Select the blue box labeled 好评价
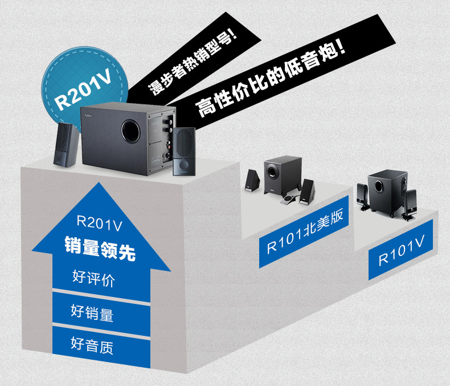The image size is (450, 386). (x=95, y=278)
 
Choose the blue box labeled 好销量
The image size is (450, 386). (x=93, y=312)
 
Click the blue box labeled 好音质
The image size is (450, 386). (x=93, y=344)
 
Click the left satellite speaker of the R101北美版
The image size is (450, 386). (x=252, y=181)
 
